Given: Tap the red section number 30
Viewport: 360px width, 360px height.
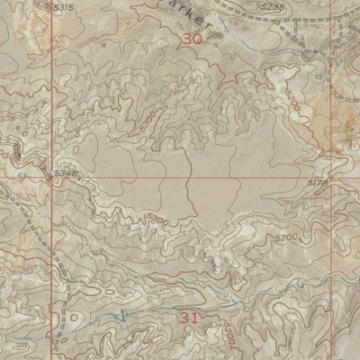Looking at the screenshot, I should click(x=191, y=39).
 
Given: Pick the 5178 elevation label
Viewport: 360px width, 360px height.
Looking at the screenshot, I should click(x=340, y=183).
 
